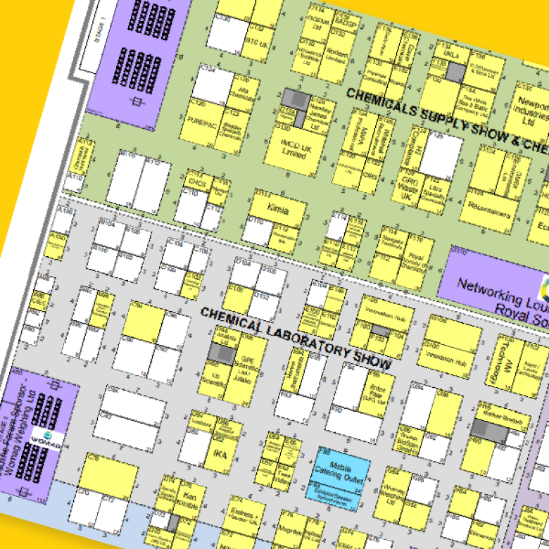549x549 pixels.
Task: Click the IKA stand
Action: point(219,453)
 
